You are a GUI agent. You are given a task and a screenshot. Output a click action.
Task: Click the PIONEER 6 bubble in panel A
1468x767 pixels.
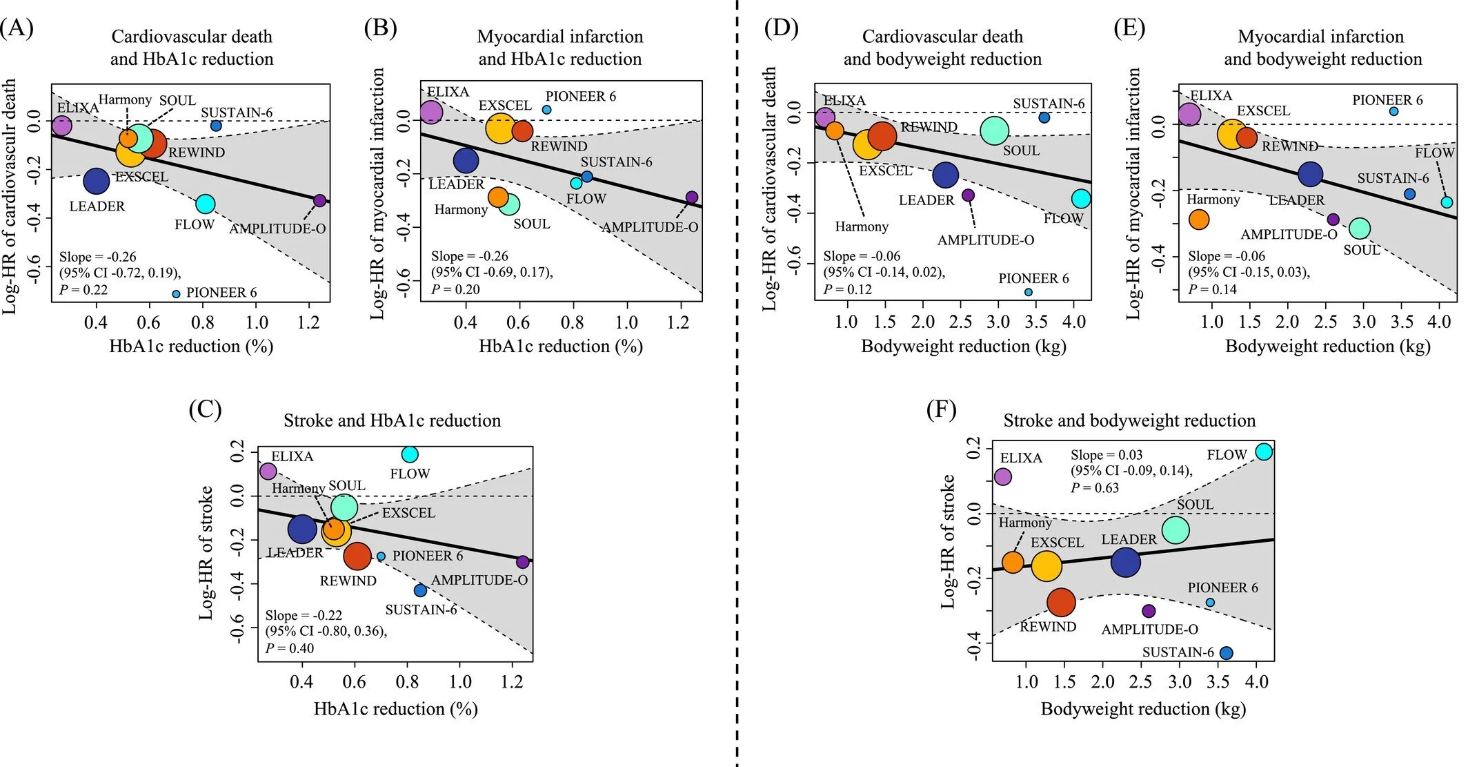point(176,294)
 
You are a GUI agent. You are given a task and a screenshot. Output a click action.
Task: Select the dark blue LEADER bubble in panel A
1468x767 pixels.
point(97,181)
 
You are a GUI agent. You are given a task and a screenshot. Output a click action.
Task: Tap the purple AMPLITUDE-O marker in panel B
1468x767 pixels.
point(692,197)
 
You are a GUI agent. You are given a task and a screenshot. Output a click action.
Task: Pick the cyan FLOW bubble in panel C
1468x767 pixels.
point(410,454)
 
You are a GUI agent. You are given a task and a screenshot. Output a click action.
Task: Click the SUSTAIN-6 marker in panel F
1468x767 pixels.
point(1226,652)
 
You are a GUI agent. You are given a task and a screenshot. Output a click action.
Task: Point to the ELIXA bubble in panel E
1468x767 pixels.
point(1189,114)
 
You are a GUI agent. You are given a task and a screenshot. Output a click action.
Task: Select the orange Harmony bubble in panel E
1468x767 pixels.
point(1199,220)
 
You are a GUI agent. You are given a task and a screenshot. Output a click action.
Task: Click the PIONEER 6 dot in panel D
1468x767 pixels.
point(1028,292)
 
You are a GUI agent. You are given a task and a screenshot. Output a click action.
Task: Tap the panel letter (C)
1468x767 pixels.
point(205,410)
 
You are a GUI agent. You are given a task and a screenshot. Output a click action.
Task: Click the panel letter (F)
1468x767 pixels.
point(941,410)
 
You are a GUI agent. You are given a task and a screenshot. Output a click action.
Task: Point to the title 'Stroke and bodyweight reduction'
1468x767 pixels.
point(1129,420)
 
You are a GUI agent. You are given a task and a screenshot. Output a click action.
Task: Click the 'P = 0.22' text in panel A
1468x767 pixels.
point(83,289)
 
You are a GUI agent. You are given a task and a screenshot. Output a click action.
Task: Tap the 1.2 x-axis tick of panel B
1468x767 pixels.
point(678,322)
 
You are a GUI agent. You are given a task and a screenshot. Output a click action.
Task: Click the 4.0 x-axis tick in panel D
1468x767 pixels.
point(1073,322)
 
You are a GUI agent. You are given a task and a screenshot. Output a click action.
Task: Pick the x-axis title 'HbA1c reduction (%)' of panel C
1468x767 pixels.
point(395,709)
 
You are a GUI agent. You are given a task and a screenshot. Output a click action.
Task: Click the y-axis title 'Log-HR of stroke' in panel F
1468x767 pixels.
point(949,542)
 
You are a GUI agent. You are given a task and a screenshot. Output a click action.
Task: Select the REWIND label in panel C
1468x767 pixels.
point(348,581)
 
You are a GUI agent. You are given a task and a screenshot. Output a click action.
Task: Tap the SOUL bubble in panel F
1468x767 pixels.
point(1176,530)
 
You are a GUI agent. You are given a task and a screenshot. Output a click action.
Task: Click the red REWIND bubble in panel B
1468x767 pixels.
point(522,130)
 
